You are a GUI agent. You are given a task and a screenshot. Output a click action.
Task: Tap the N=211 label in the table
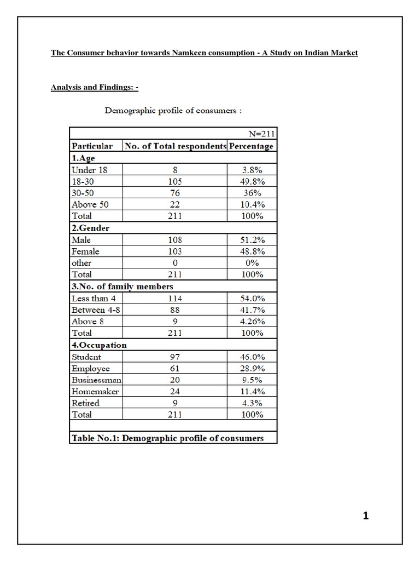(261, 133)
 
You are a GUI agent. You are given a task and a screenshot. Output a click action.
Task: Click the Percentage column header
(251, 146)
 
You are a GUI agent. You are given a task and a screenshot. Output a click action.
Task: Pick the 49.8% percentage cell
(252, 181)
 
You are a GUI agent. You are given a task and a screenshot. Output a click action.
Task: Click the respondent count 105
(175, 181)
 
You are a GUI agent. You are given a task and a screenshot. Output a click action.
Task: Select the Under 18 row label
(90, 170)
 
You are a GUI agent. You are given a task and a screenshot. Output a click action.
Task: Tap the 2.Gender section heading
(90, 228)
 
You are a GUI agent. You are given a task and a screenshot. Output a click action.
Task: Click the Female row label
(85, 251)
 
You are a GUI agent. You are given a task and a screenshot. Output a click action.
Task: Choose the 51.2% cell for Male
(252, 240)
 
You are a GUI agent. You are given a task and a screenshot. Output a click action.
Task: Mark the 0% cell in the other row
(252, 263)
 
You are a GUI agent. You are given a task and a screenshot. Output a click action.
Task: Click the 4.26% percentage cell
(252, 322)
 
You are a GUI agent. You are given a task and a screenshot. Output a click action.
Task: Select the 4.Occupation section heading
(99, 345)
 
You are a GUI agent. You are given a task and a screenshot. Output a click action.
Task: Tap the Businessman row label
(96, 380)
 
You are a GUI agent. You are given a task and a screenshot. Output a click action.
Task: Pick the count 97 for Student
(175, 357)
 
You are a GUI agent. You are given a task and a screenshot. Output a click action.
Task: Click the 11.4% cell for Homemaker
(252, 391)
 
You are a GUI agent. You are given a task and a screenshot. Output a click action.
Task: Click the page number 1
(366, 516)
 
